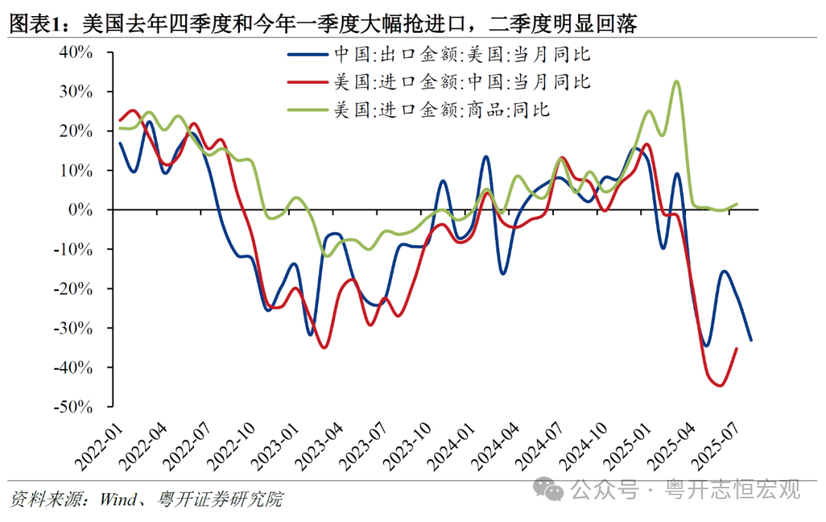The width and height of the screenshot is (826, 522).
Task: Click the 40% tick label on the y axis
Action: click(x=76, y=53)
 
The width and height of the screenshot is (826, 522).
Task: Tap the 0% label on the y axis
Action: click(x=82, y=209)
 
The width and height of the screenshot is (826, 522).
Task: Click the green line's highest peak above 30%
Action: click(x=676, y=81)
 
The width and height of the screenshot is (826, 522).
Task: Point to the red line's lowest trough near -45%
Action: click(x=720, y=386)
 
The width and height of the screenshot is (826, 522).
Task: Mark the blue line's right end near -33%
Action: click(x=751, y=340)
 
